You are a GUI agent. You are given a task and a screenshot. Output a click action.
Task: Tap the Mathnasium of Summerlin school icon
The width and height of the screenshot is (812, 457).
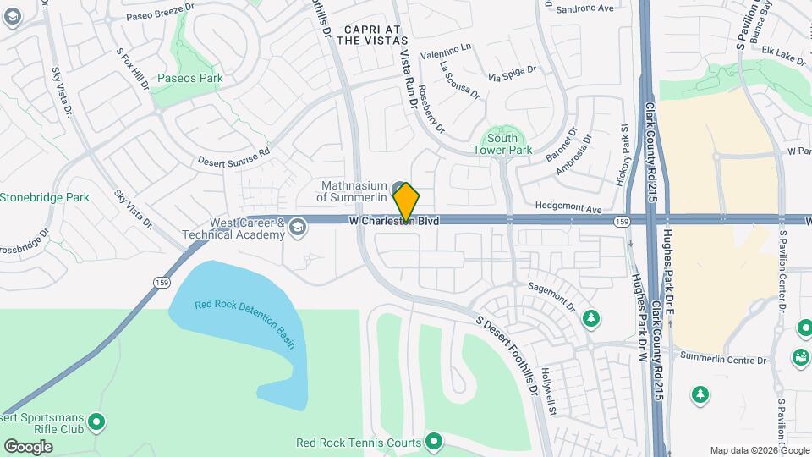tap(398, 185)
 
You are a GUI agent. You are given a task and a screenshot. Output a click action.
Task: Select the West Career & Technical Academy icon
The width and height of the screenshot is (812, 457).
tap(297, 226)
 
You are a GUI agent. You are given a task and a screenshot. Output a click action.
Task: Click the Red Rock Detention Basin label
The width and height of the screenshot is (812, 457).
tap(246, 323)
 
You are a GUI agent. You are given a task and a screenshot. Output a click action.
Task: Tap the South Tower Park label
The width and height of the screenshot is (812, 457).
tap(502, 144)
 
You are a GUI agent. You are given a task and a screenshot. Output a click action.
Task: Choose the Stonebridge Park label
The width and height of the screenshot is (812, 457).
tap(44, 197)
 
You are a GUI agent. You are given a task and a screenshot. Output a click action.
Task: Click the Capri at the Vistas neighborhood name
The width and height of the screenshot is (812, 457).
tap(376, 35)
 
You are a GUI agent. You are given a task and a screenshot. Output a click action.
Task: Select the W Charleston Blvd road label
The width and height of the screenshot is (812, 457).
tap(394, 220)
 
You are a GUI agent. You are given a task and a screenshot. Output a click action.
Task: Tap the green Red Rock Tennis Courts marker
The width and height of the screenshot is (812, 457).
tap(435, 442)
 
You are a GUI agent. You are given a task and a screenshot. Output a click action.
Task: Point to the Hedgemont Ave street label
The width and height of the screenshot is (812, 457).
tap(568, 208)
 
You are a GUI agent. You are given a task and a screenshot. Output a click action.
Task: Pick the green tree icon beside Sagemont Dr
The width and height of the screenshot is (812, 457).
tap(591, 318)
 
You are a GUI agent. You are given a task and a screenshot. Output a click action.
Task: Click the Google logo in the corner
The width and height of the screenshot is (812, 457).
tap(28, 446)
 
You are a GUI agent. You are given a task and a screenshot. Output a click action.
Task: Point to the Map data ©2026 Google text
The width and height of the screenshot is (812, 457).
tap(759, 450)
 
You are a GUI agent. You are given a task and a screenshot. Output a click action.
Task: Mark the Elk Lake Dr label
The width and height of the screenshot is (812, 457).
tap(783, 58)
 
